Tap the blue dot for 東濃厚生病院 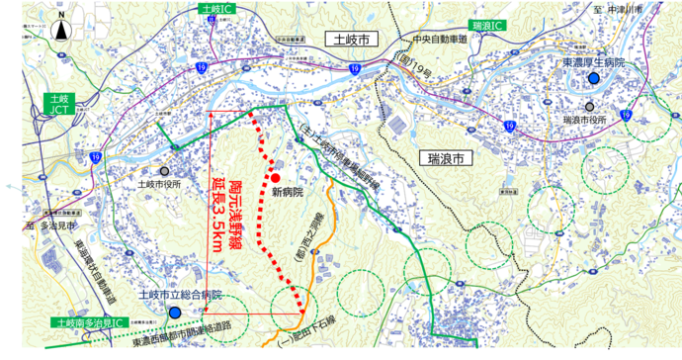(x=593, y=77)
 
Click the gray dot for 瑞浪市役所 (x=589, y=107)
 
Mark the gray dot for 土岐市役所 (x=165, y=170)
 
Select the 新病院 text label (x=287, y=193)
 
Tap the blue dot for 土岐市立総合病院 (x=174, y=313)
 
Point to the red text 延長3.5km (x=219, y=216)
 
